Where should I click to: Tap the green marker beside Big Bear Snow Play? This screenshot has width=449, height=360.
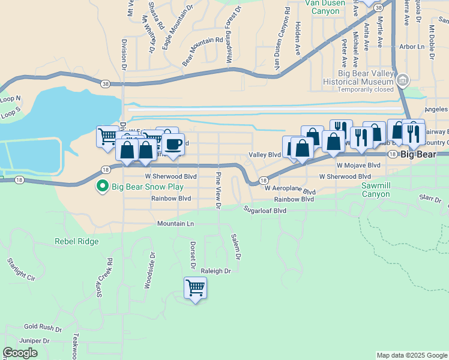(103, 187)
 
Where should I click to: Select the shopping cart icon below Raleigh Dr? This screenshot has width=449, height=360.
(196, 288)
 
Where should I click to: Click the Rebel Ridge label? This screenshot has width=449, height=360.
(76, 242)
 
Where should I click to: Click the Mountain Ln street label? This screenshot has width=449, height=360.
(176, 223)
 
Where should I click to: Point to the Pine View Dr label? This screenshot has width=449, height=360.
(218, 191)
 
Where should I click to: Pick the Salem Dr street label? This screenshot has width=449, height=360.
(236, 247)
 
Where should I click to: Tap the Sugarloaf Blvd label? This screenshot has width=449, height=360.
(265, 211)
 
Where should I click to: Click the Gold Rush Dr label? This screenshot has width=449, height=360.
(43, 328)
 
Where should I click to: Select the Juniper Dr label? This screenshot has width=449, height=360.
(34, 341)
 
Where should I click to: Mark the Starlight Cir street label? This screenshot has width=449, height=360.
(22, 268)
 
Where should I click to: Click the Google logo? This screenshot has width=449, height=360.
(20, 353)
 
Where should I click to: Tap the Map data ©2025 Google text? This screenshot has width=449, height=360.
(411, 355)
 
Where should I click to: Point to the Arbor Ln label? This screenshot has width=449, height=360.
(412, 46)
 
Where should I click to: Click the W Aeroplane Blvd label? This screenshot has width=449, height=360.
(291, 188)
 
